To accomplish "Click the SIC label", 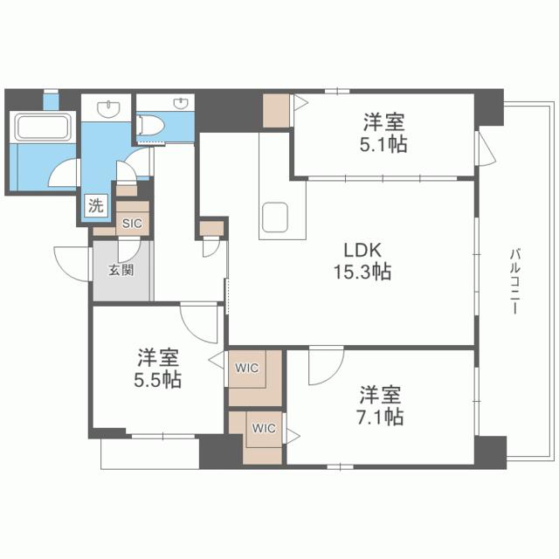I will click(x=132, y=224).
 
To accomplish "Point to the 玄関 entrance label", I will click(x=121, y=270).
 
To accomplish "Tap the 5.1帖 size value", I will click(x=384, y=144).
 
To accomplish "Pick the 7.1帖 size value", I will click(x=380, y=417).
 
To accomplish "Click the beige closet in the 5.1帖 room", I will click(x=276, y=110).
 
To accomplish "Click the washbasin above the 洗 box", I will click(x=107, y=109).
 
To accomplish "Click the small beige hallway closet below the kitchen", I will click(x=210, y=230).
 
